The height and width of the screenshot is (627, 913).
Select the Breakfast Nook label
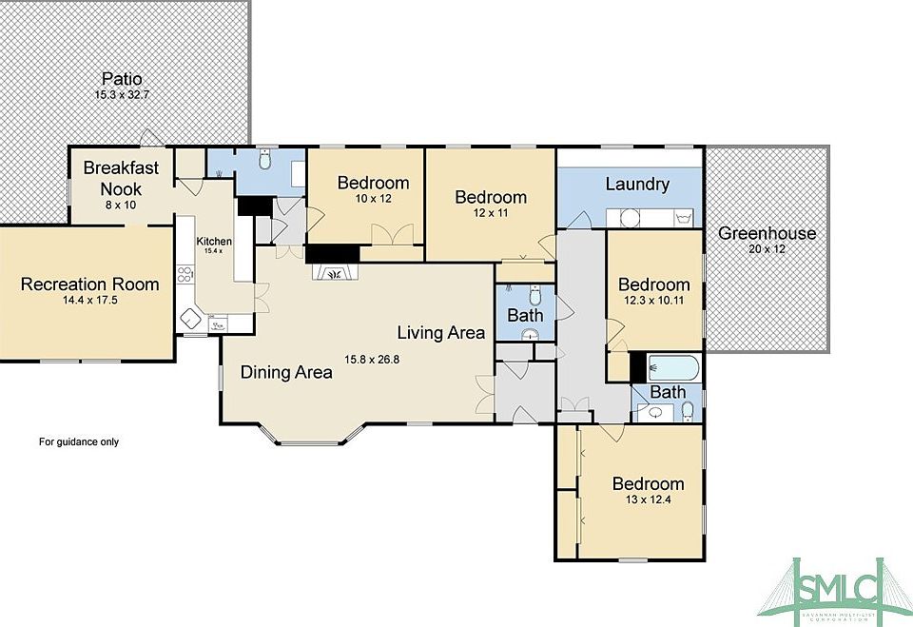pos(121,177)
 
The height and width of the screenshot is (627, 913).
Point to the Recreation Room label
pos(90,284)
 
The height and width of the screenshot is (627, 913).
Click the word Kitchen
pos(214,241)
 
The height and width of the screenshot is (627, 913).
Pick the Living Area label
pos(440,332)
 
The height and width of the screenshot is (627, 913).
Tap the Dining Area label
pos(286,372)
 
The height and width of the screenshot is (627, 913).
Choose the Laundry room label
pos(637,184)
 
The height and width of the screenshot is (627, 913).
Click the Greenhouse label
pos(767,233)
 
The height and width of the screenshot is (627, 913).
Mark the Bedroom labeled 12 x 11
pos(490,197)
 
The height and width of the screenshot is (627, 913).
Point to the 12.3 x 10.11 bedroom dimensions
pos(653,301)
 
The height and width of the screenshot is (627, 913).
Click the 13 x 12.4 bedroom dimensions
pos(648,500)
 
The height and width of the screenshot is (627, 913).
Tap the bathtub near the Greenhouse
pos(672,367)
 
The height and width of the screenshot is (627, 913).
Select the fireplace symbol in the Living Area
pos(332,272)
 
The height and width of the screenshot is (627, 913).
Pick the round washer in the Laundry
pos(629,217)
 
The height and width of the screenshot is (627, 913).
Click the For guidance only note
pos(79,441)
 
